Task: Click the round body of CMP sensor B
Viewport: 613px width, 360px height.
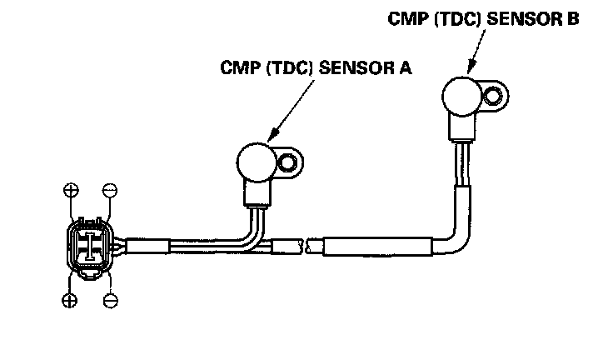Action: point(461,95)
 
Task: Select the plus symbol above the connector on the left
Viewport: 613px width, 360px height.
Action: point(70,191)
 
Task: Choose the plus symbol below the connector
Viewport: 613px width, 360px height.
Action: point(70,300)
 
